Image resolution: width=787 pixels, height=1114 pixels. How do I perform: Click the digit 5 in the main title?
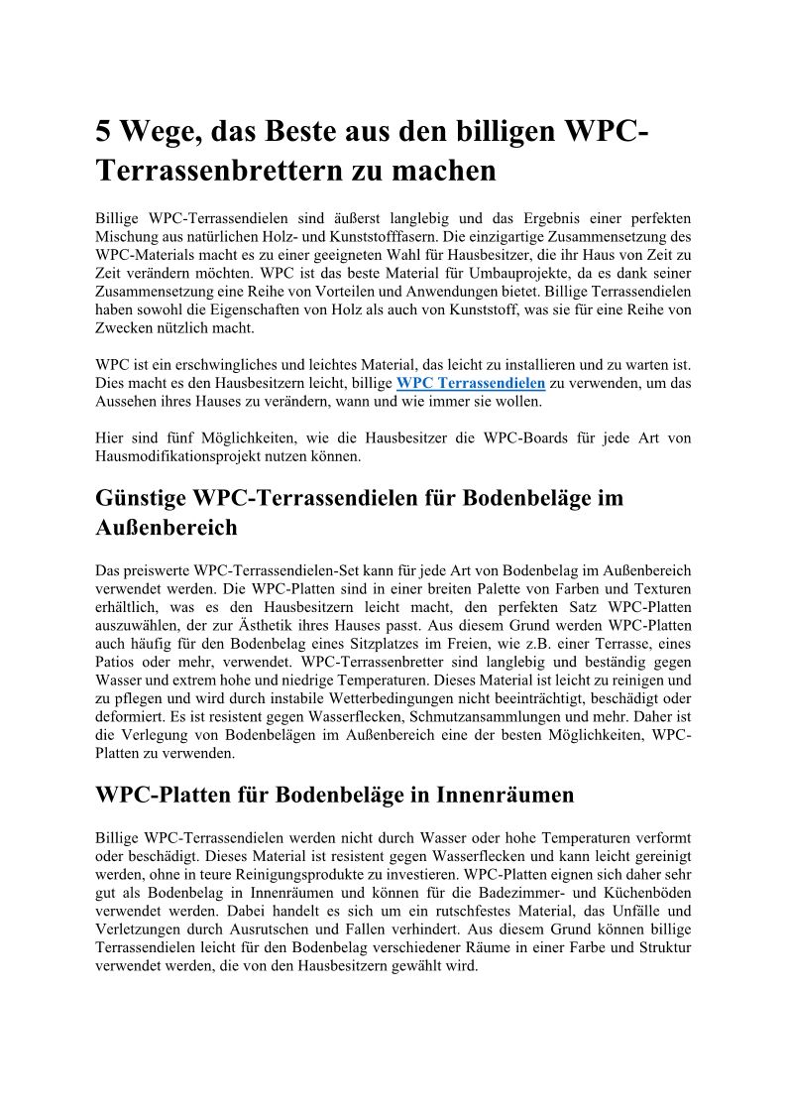pos(104,132)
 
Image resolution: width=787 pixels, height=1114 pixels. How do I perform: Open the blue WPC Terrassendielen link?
pos(471,383)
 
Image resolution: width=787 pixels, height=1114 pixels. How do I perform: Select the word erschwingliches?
pos(225,365)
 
